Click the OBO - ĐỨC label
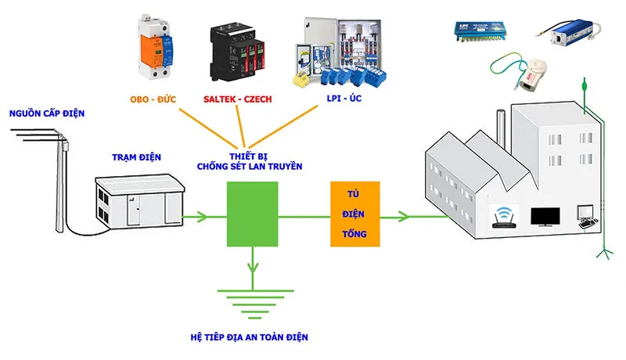[x=158, y=99]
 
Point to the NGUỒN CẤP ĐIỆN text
[x=46, y=114]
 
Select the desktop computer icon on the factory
[x=585, y=216]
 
